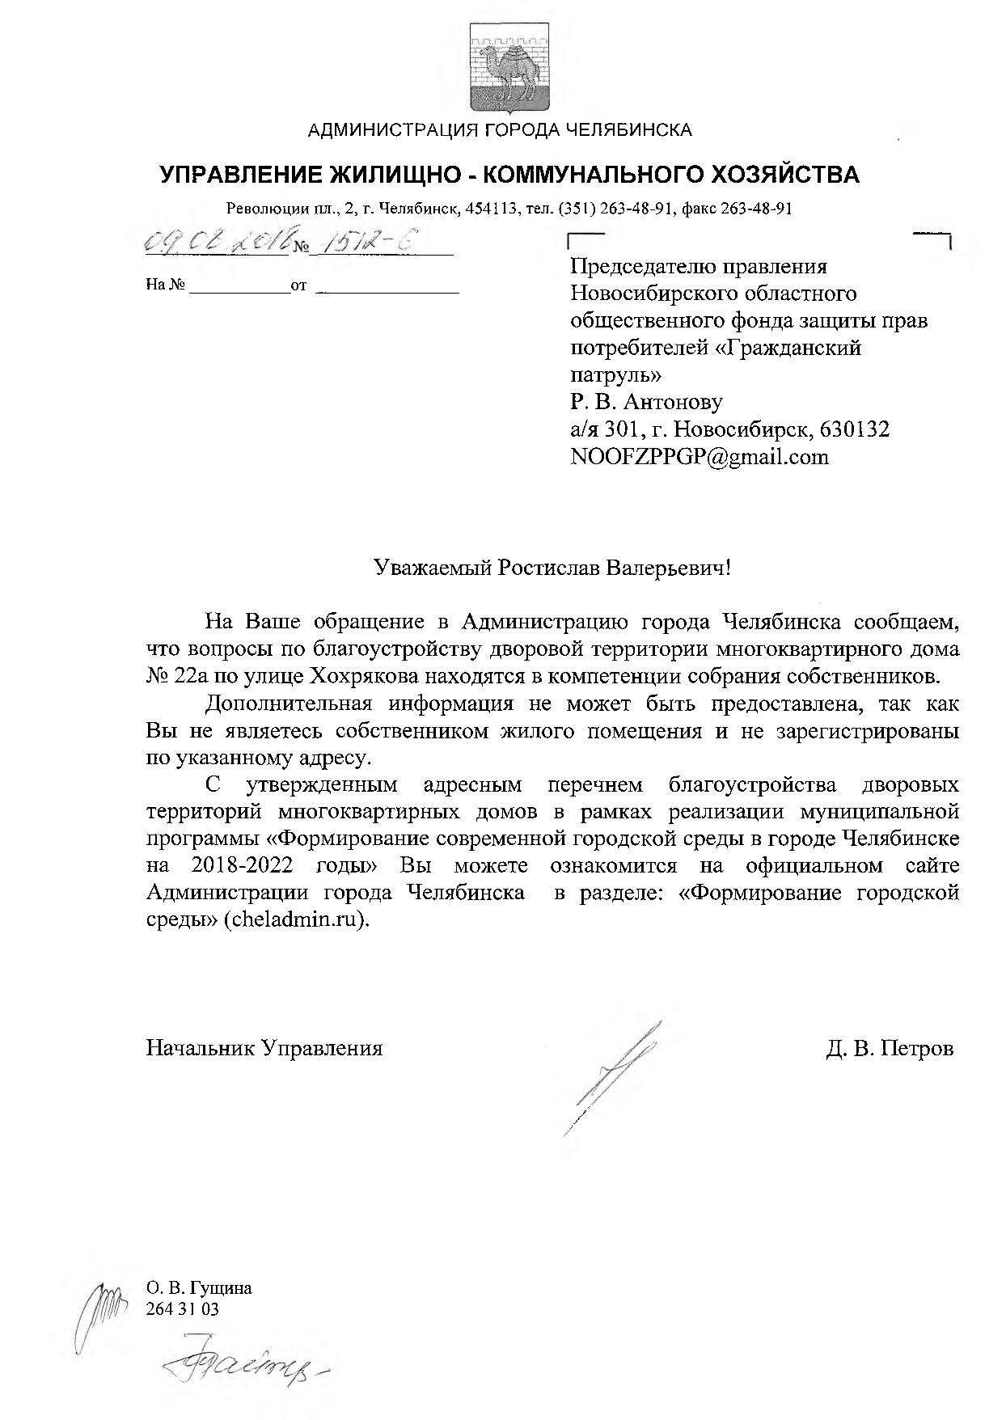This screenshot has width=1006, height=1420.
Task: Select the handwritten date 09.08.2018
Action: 217,242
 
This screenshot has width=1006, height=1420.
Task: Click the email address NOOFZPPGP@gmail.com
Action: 700,457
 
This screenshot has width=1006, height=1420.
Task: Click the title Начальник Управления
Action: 264,1049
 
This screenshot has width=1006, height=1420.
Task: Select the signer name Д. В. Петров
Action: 890,1049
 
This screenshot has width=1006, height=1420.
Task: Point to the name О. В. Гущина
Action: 199,1288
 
